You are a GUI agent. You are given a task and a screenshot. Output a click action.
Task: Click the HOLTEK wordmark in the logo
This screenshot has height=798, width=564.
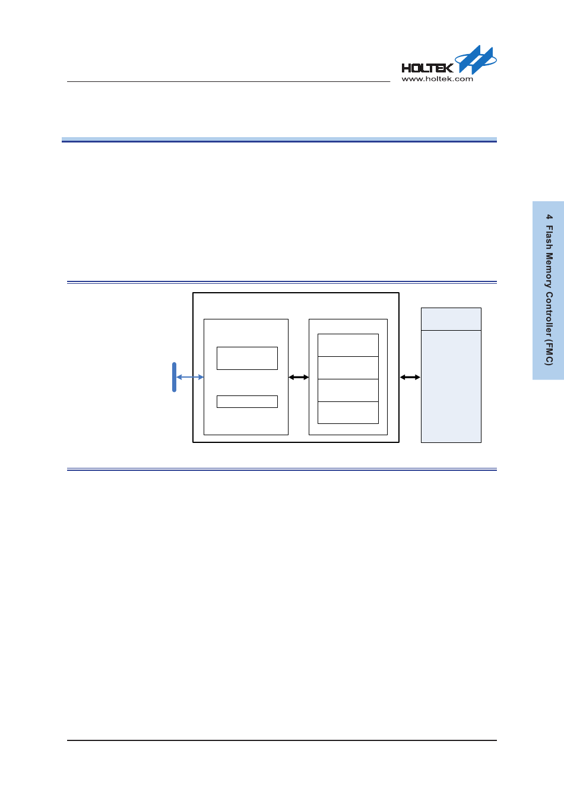[427, 68]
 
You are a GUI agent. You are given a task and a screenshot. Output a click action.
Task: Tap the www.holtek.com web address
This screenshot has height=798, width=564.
[437, 79]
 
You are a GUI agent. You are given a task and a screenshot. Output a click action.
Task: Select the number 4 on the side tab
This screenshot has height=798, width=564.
[550, 217]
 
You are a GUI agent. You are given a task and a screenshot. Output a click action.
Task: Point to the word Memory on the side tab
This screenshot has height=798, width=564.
[550, 271]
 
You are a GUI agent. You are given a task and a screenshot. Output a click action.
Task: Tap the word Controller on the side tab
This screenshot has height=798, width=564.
[550, 314]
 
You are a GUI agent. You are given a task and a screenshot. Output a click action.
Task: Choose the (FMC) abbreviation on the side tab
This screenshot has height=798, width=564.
[550, 353]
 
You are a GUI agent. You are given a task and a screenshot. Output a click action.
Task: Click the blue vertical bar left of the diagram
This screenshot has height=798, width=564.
[174, 377]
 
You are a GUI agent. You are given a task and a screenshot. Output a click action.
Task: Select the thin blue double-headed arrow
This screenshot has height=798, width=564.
[190, 377]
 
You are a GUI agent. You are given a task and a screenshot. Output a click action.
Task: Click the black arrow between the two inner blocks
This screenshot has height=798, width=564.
[299, 377]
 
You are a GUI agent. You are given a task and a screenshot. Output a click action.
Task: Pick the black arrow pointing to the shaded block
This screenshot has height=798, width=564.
[410, 377]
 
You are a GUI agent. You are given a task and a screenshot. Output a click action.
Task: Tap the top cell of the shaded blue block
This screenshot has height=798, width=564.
[451, 319]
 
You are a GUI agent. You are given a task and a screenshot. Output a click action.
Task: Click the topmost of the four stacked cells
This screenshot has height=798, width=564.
[348, 345]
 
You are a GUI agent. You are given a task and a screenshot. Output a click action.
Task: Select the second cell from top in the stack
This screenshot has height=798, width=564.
[348, 368]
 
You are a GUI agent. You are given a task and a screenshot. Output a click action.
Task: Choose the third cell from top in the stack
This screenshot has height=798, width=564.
[348, 390]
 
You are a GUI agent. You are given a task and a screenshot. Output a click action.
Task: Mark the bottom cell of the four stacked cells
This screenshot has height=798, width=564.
[348, 413]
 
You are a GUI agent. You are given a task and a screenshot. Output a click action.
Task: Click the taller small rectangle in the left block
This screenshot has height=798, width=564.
[247, 358]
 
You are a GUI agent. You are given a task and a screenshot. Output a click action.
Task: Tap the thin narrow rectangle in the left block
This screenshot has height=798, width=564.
[247, 401]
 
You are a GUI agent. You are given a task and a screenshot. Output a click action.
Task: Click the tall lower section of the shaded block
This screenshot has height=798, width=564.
[451, 386]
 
